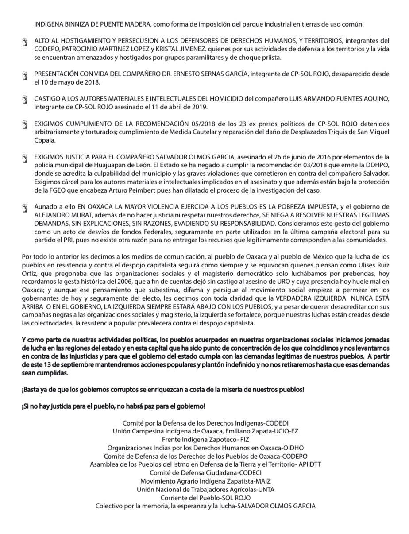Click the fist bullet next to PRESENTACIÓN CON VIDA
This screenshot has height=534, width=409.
(25, 76)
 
